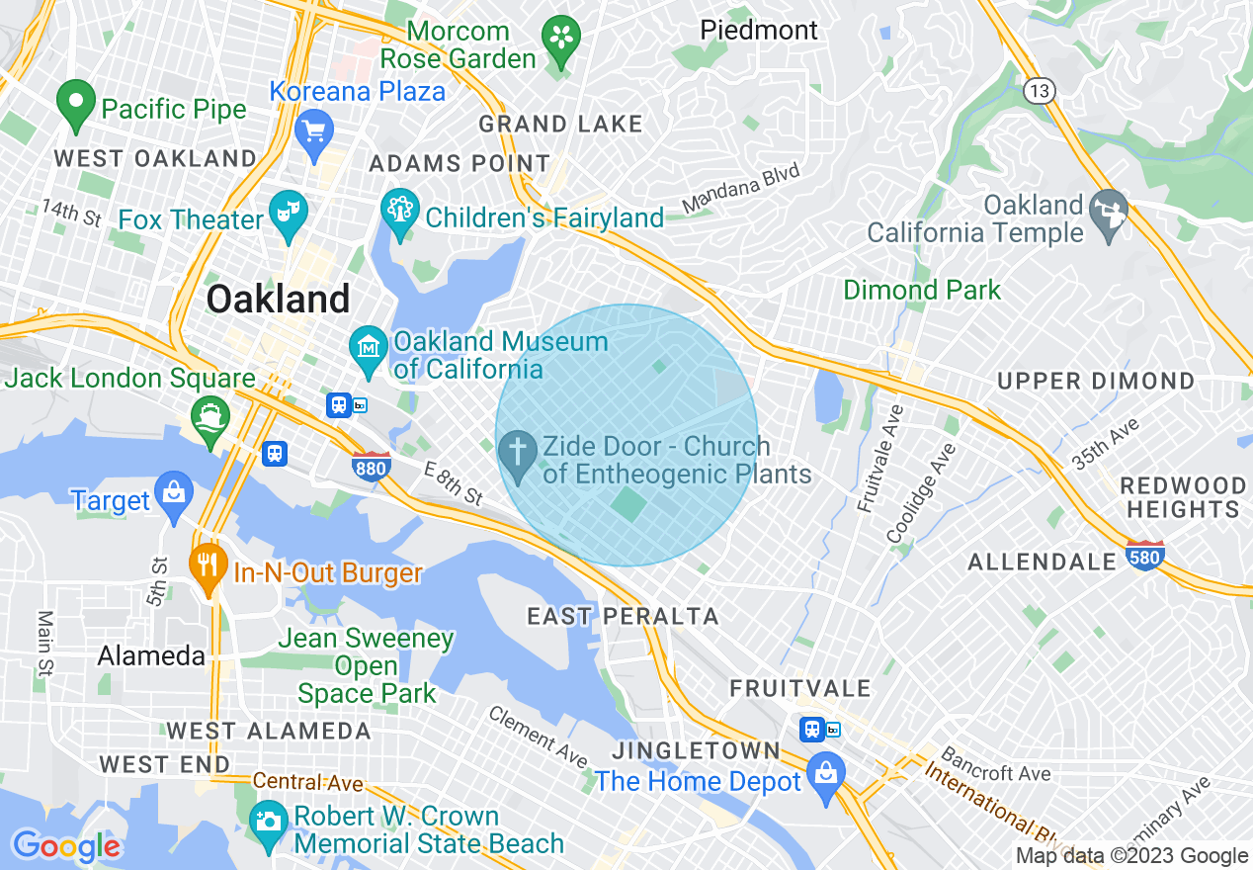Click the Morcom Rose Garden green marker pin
click(x=561, y=41)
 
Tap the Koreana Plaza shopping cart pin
click(x=314, y=130)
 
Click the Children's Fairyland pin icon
click(x=400, y=212)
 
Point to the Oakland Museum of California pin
click(x=369, y=349)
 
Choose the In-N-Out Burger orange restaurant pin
click(x=207, y=566)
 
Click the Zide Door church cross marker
click(x=516, y=453)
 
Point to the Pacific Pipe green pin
click(x=75, y=103)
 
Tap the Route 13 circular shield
click(x=1039, y=91)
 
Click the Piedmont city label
click(x=759, y=31)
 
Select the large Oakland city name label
click(x=279, y=299)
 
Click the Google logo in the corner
click(x=66, y=846)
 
